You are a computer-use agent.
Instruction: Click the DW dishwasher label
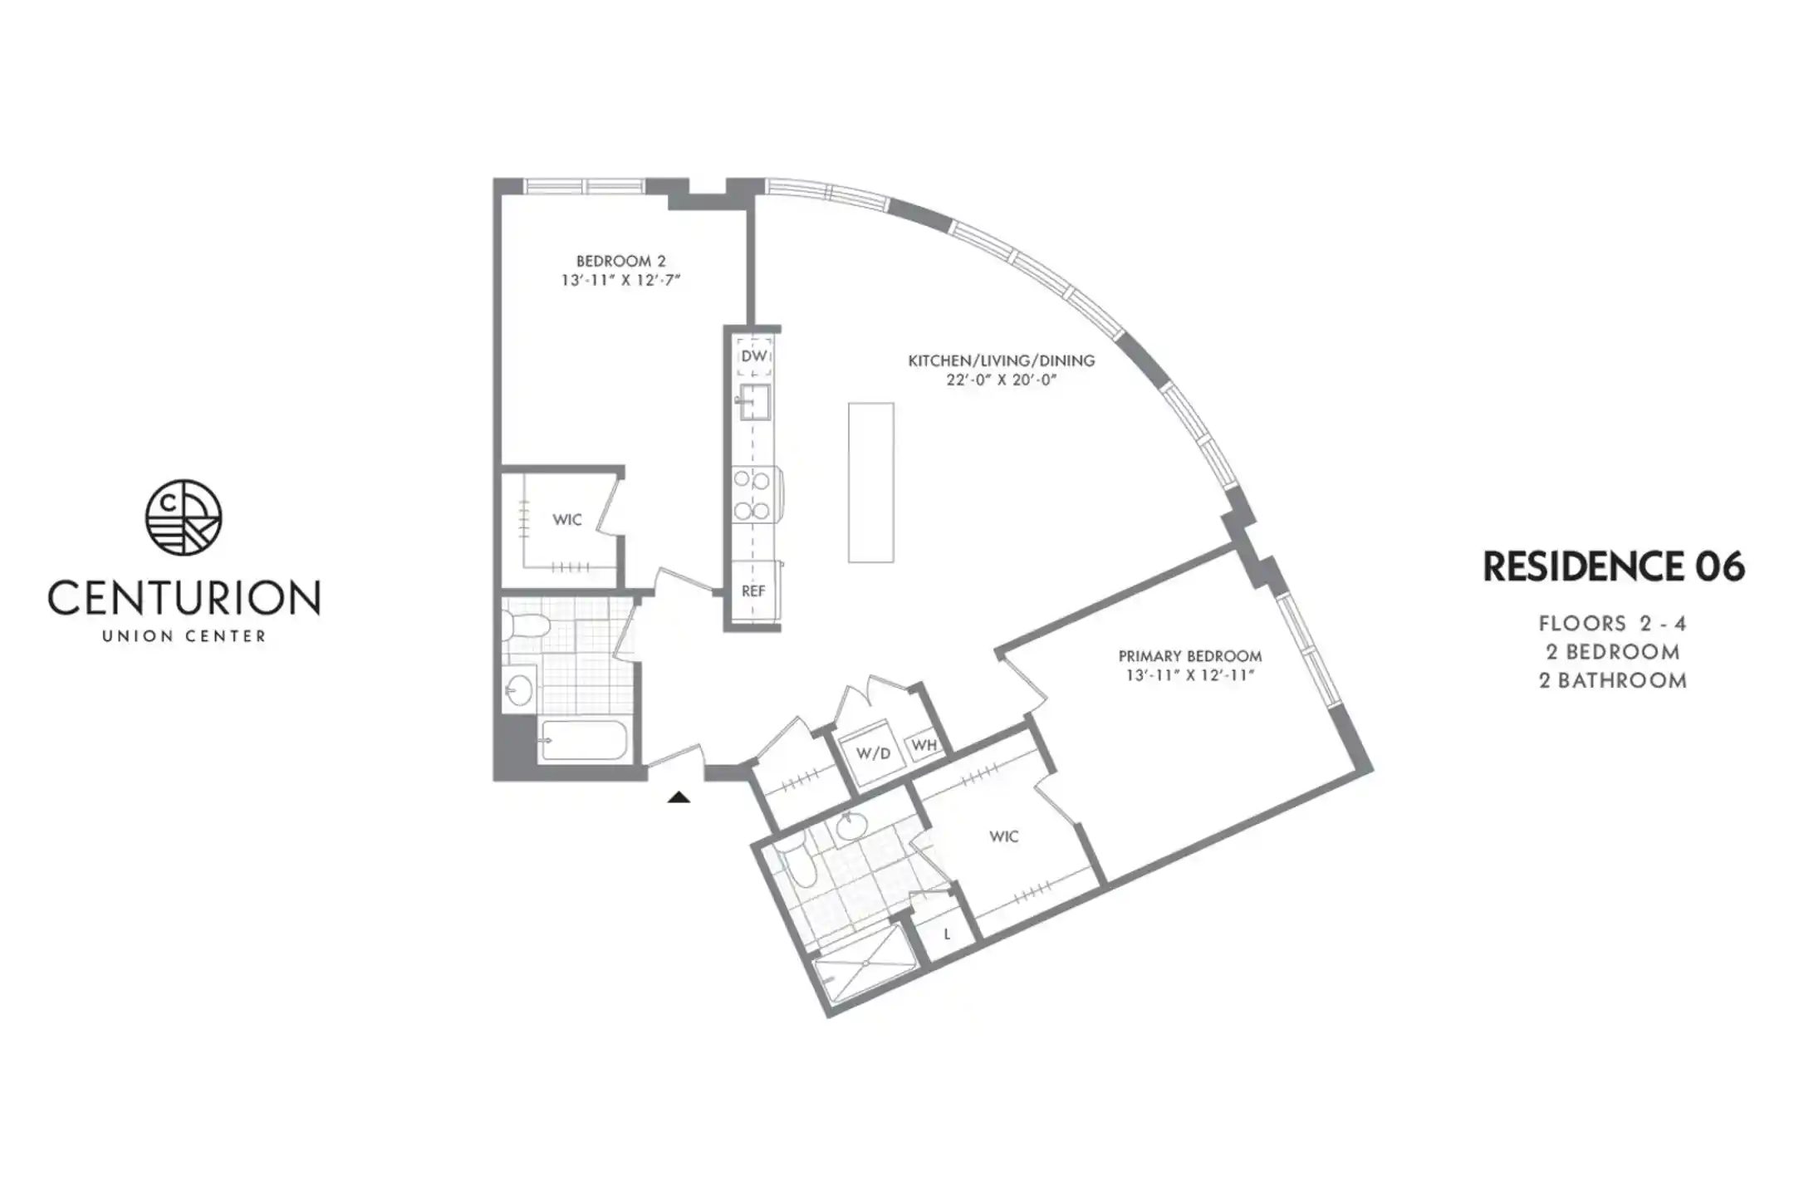[754, 356]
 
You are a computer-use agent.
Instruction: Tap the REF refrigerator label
[753, 591]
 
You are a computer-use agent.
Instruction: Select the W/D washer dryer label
[873, 753]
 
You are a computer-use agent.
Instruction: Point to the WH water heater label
[924, 745]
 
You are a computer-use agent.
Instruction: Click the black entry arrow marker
[679, 797]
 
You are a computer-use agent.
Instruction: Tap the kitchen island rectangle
[871, 483]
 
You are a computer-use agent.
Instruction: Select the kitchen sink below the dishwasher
[754, 402]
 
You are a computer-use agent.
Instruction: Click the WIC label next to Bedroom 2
[567, 520]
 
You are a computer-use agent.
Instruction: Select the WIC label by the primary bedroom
[1003, 836]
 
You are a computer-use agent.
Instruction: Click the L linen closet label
[947, 934]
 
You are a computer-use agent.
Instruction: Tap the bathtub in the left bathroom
[584, 740]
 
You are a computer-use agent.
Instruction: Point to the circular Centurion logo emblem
[184, 517]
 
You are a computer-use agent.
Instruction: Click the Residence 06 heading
[1614, 566]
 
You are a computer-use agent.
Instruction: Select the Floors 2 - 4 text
[1612, 623]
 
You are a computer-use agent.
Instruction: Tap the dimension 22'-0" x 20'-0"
[1001, 380]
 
